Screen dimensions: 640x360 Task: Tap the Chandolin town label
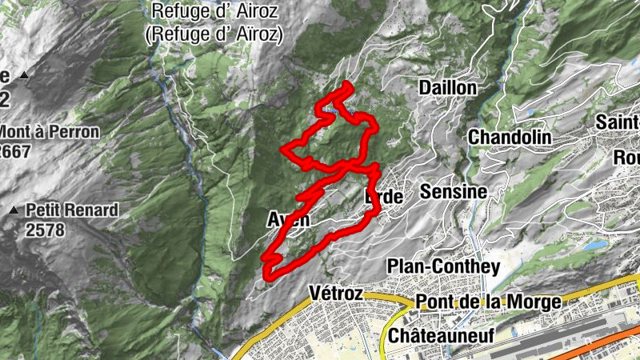pos(510,137)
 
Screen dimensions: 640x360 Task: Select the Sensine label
pos(454,192)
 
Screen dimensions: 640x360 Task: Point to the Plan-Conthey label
pos(442,266)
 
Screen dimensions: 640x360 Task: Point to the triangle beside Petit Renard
pos(14,211)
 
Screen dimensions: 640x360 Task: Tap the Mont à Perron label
pos(50,132)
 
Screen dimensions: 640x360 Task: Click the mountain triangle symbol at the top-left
pos(24,76)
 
